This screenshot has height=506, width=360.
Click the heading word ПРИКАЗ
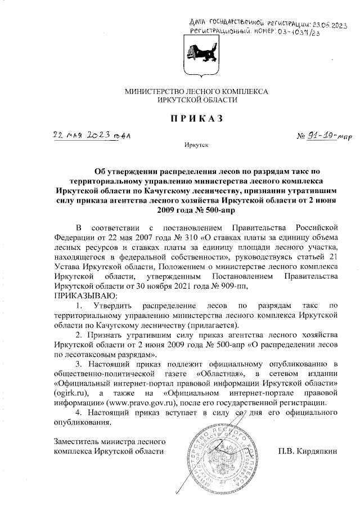coord(193,118)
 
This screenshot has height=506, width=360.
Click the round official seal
coord(225,455)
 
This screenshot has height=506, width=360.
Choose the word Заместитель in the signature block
coord(75,440)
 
